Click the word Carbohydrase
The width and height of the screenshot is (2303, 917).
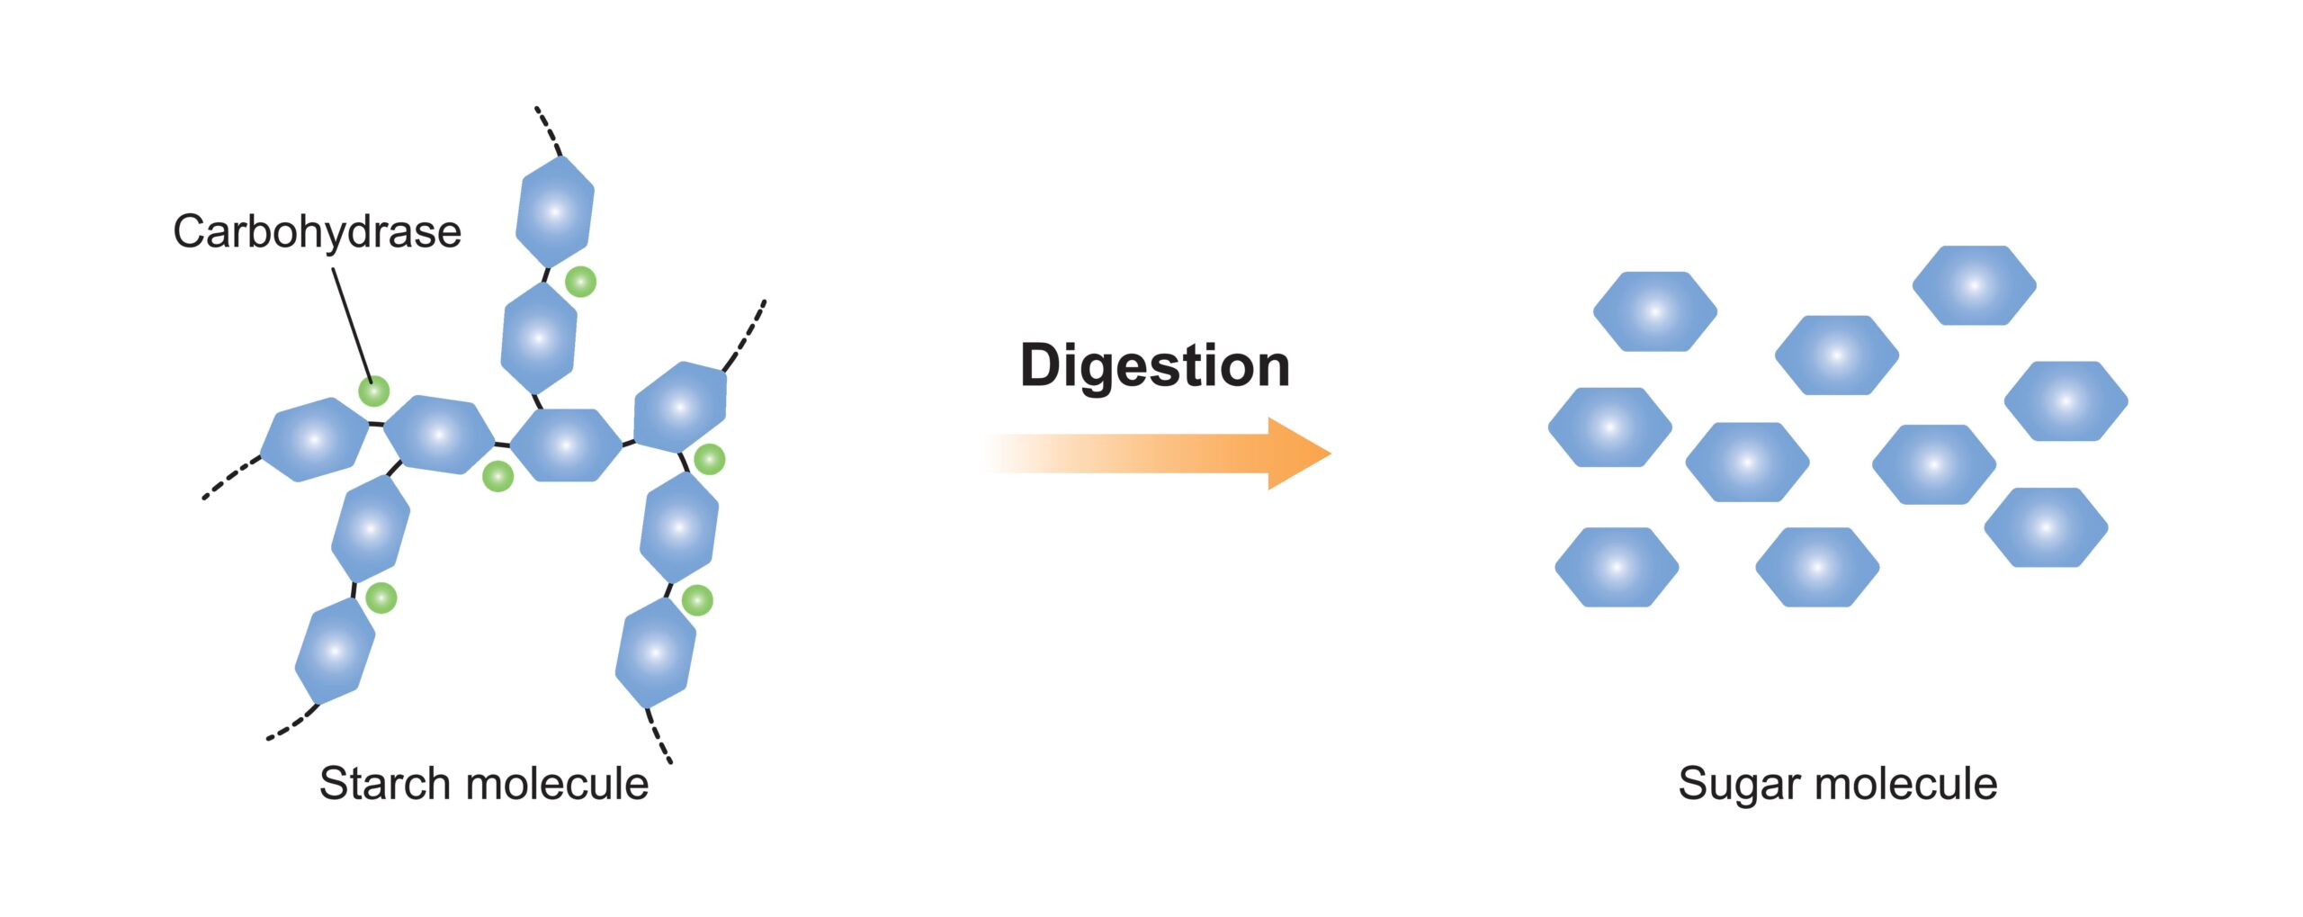pos(317,232)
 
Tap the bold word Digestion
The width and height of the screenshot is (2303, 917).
pos(1154,366)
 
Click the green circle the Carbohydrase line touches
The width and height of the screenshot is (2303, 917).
pos(373,391)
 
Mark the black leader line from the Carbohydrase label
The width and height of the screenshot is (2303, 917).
pos(352,324)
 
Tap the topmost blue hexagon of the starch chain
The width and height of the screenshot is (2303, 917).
pos(555,212)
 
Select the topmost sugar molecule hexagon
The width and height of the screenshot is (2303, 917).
pos(1974,285)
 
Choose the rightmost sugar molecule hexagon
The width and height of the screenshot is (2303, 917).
pos(2066,401)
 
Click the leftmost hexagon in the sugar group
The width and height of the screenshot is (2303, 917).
pos(1609,427)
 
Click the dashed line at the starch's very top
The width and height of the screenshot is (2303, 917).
pos(548,130)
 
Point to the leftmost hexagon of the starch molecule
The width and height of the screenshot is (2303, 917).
pos(314,439)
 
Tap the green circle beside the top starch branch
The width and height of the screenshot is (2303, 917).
pos(580,282)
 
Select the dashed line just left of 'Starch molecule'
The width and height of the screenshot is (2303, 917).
pos(292,724)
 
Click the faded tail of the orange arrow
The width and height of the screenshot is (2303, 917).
pos(1035,453)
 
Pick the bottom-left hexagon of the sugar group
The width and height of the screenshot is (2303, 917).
pos(1617,567)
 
